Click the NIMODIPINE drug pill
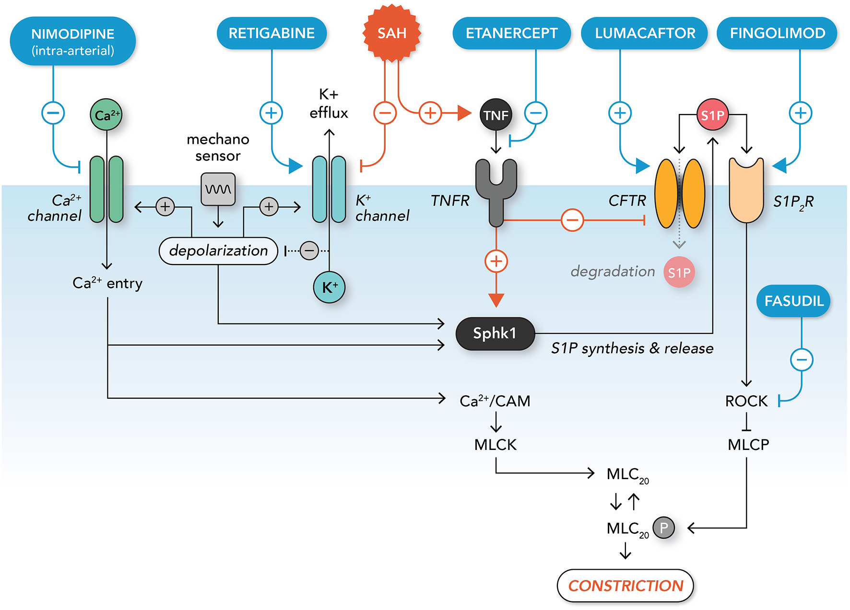click(72, 41)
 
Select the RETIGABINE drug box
click(272, 33)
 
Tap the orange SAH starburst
click(392, 33)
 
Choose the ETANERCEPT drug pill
click(511, 33)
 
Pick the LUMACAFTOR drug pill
click(645, 33)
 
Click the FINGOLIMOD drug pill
click(777, 33)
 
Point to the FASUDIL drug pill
click(793, 301)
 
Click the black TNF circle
click(496, 115)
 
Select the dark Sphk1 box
click(495, 334)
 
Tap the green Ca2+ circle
click(106, 115)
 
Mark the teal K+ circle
click(329, 288)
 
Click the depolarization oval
click(218, 251)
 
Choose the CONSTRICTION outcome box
click(625, 586)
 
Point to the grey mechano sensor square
click(218, 189)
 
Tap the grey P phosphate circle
click(664, 528)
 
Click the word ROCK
click(746, 401)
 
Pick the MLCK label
click(495, 445)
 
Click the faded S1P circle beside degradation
click(679, 272)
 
